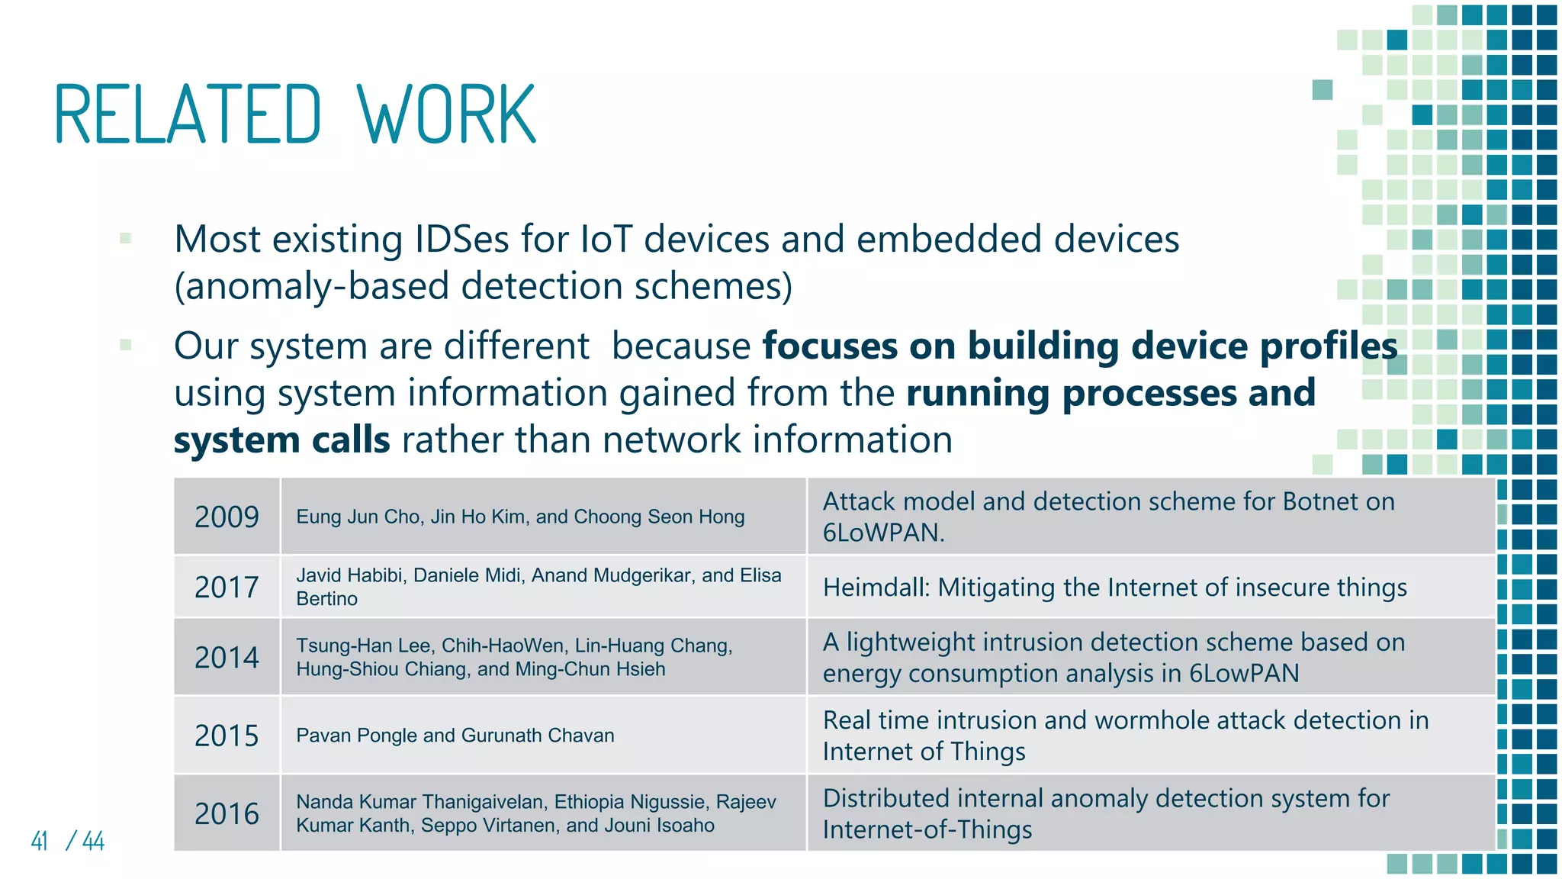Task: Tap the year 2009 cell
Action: coord(227,517)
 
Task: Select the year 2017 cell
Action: coord(227,588)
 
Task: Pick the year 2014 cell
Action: coord(227,658)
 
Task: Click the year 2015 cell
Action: coord(227,736)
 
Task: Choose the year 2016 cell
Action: coord(227,813)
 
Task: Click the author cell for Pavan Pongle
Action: coord(455,736)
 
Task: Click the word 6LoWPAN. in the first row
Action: coord(883,533)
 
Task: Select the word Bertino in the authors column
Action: coord(326,599)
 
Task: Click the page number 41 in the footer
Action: coord(40,841)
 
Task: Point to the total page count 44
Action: coord(93,841)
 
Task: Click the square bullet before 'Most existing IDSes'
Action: coord(126,239)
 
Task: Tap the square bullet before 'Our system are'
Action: coord(126,346)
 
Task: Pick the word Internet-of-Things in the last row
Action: coord(927,829)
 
